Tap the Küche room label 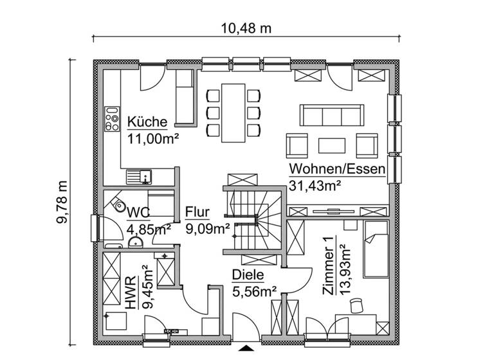(x=147, y=122)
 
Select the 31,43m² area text (x=315, y=185)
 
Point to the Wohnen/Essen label (x=337, y=169)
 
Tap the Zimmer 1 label (x=329, y=258)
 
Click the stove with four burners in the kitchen (x=113, y=119)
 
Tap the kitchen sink (x=138, y=174)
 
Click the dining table (x=232, y=113)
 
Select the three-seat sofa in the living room (x=330, y=116)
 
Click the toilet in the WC (x=118, y=205)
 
